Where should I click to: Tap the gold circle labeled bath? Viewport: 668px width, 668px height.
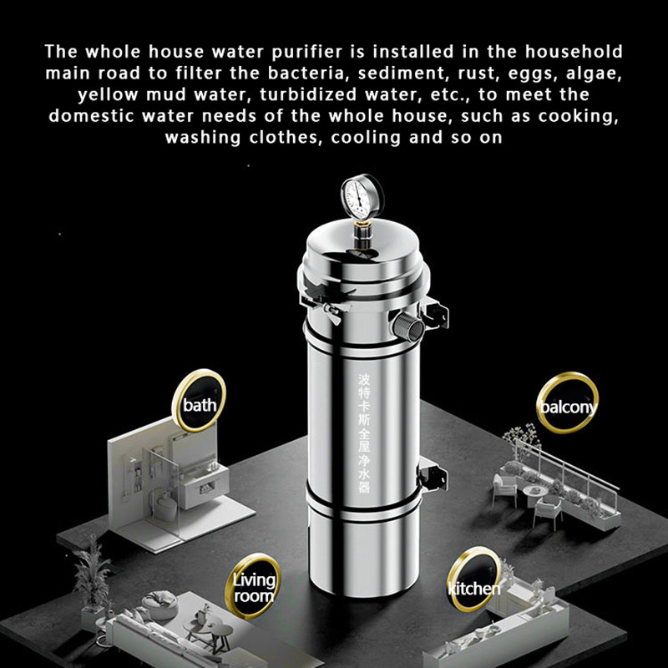tap(199, 405)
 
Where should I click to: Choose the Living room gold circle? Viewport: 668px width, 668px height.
tap(252, 587)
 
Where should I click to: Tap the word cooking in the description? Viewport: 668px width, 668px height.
tap(575, 115)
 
